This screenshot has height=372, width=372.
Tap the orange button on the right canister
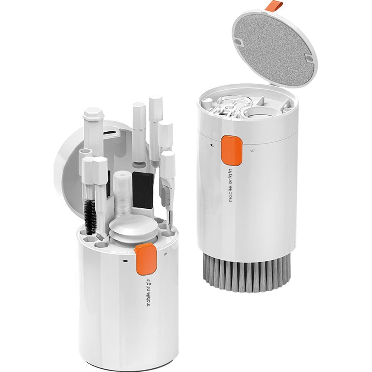click(232, 150)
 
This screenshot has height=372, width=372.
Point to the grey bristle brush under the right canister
click(247, 273)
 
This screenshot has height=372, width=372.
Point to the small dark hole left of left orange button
click(124, 261)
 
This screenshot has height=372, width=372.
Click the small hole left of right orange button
click(212, 144)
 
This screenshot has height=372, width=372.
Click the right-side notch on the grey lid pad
click(308, 58)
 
